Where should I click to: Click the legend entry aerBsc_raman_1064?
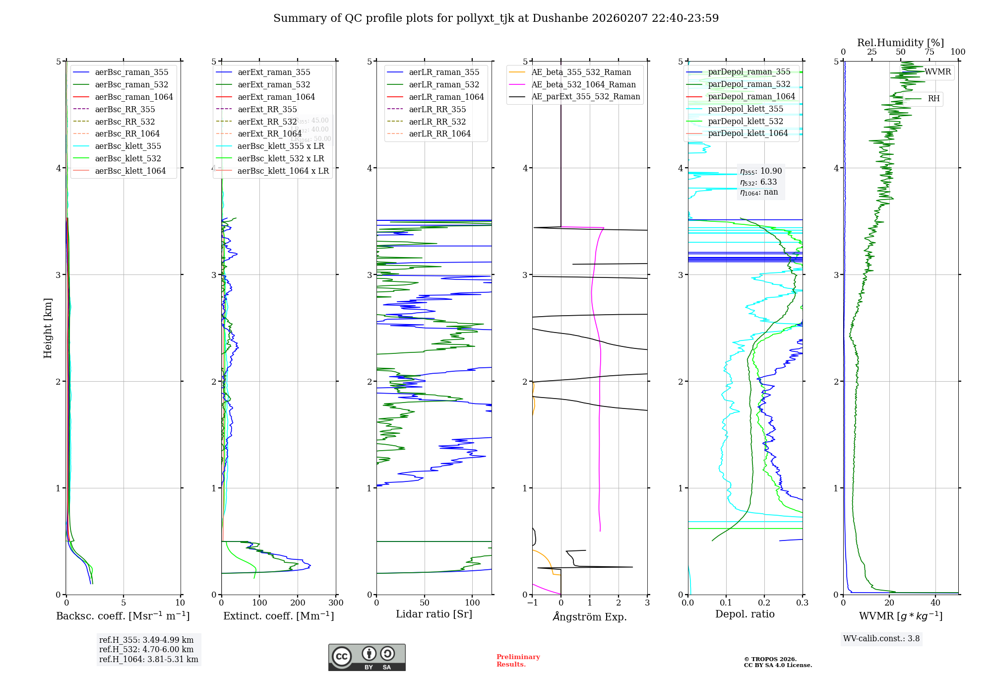[134, 97]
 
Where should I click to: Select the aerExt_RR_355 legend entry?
[267, 109]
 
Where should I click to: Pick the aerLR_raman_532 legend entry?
[444, 84]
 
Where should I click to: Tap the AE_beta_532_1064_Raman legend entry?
[583, 84]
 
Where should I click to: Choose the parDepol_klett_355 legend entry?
[745, 109]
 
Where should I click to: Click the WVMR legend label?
[937, 72]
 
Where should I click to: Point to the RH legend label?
[933, 99]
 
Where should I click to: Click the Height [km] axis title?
[48, 328]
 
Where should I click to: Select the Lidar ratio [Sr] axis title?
[434, 614]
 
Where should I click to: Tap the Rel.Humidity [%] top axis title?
[900, 43]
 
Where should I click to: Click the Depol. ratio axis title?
[744, 614]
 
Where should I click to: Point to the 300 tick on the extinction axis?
[336, 603]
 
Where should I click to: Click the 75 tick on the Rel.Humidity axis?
[929, 52]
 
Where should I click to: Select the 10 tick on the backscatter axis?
[180, 603]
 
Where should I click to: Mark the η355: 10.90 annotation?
[761, 171]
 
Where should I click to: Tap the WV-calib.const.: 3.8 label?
[881, 638]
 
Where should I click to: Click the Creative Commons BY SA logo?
[367, 657]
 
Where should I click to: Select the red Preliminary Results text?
[518, 660]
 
